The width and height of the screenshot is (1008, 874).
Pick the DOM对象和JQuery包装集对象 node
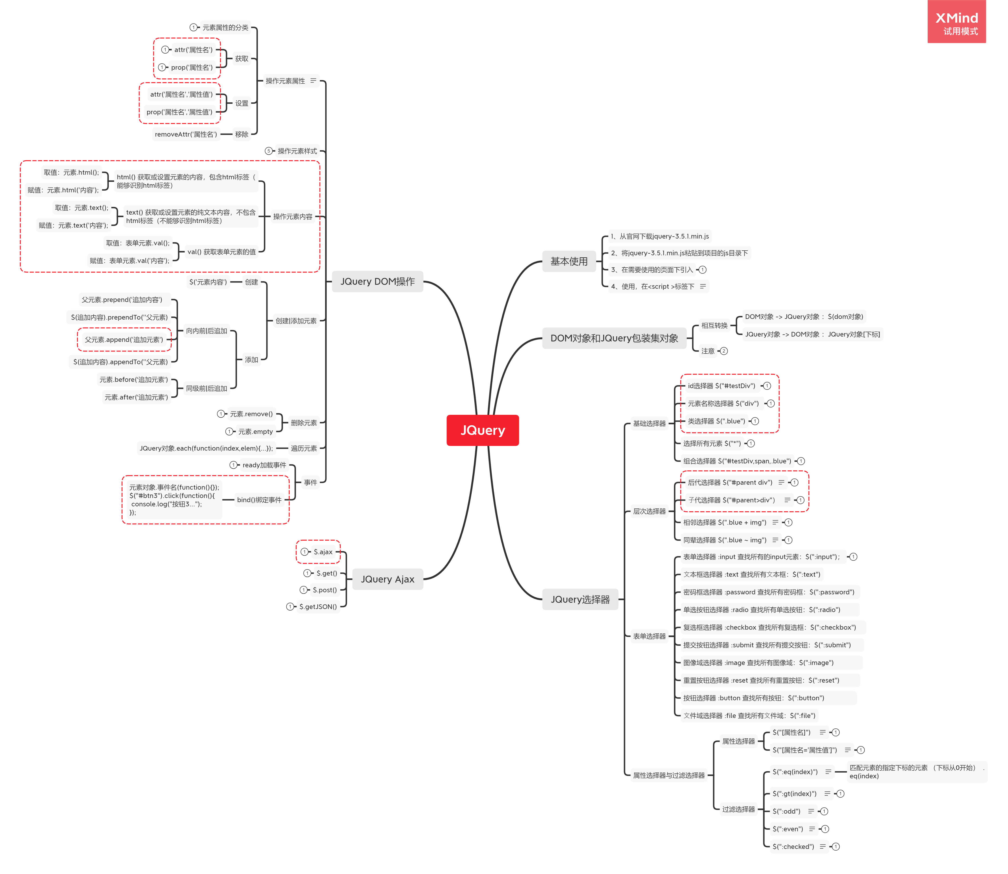coord(614,338)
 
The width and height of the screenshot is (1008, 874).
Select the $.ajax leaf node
coord(323,552)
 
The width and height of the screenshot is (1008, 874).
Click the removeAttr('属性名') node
coord(186,134)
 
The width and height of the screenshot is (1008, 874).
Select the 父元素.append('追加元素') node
coord(124,340)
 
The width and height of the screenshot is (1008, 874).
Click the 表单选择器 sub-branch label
coord(649,636)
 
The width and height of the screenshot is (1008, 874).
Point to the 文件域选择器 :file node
coord(749,716)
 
